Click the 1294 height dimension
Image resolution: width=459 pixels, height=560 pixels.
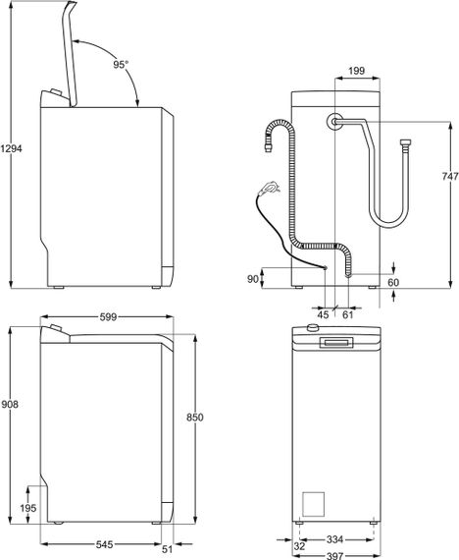11,148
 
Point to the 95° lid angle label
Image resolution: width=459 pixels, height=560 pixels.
121,64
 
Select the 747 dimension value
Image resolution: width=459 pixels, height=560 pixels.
450,176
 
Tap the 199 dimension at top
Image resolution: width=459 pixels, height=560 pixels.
356,71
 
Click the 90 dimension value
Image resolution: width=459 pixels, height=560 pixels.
253,279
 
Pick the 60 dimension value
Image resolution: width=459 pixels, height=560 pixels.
393,283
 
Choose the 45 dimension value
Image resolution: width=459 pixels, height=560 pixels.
323,314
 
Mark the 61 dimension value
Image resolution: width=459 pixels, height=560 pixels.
348,314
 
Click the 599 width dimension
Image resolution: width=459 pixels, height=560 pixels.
108,316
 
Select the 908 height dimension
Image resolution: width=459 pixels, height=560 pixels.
10,405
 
